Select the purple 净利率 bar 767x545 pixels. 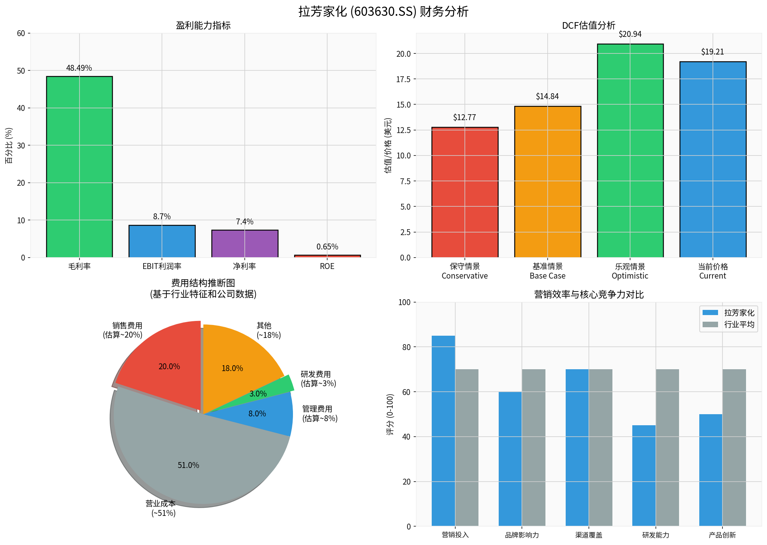[x=244, y=244]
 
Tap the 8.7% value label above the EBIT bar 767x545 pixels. [x=162, y=217]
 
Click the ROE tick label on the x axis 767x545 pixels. [x=327, y=266]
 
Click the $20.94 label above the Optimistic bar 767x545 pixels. [x=630, y=34]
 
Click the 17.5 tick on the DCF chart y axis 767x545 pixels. [x=403, y=79]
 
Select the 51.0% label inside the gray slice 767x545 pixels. [x=188, y=465]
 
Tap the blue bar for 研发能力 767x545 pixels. [x=644, y=475]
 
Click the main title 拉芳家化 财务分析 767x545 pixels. [x=383, y=11]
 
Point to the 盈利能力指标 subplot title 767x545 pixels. [x=203, y=25]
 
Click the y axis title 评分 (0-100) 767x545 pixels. [x=390, y=414]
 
